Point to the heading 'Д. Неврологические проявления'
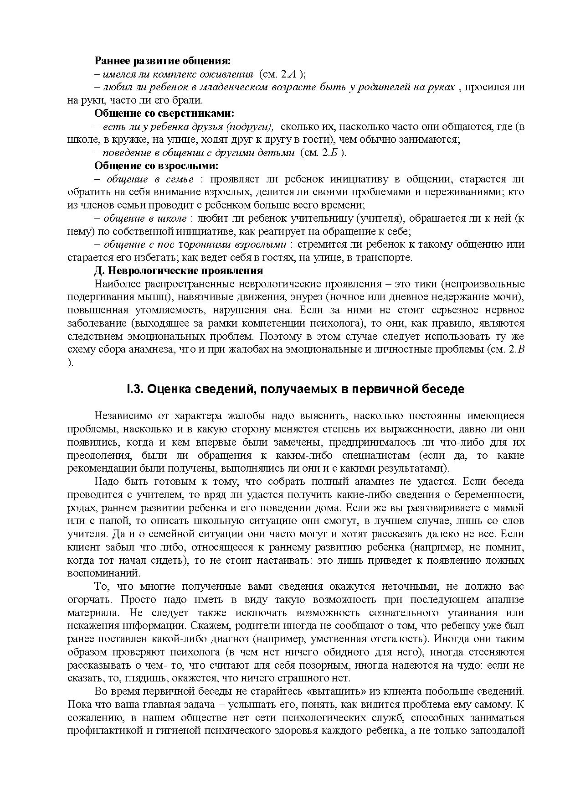[178, 270]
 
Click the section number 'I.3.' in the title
[135, 389]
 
